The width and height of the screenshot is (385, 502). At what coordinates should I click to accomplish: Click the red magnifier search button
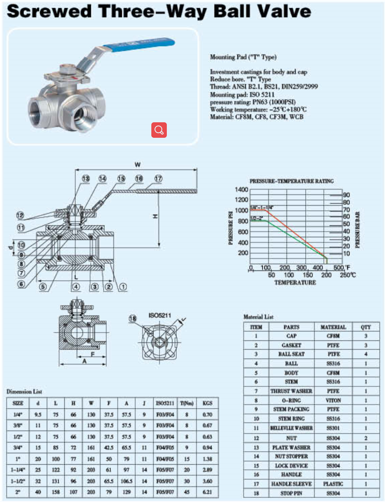click(x=159, y=130)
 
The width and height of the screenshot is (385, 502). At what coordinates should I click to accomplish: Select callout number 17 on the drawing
click(x=158, y=178)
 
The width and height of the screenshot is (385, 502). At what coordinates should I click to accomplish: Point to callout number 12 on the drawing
click(x=20, y=215)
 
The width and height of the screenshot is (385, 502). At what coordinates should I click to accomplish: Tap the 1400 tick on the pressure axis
click(x=241, y=190)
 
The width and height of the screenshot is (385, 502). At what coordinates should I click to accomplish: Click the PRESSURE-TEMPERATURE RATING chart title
click(x=292, y=181)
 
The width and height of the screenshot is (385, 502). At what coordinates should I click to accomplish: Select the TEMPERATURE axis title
click(x=295, y=283)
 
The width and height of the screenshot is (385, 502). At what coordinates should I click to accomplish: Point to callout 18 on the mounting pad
click(x=133, y=319)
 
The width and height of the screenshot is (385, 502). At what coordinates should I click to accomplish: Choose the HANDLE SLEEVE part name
click(x=291, y=484)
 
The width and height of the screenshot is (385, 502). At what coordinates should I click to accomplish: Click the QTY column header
click(x=365, y=327)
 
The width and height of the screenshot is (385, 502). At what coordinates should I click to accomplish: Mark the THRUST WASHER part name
click(x=291, y=391)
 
